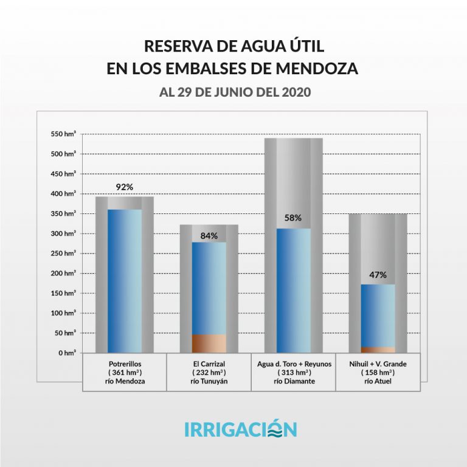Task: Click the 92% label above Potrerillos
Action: tap(124, 187)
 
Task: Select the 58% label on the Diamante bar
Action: tap(293, 217)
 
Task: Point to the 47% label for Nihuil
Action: tap(378, 275)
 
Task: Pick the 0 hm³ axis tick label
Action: tap(67, 353)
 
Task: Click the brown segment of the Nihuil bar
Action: tap(378, 350)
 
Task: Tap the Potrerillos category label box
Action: tap(124, 372)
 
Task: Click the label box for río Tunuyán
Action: tap(209, 372)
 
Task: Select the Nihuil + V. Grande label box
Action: tap(378, 372)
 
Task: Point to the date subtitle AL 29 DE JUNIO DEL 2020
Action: tap(234, 93)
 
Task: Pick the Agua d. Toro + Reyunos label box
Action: tap(293, 372)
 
